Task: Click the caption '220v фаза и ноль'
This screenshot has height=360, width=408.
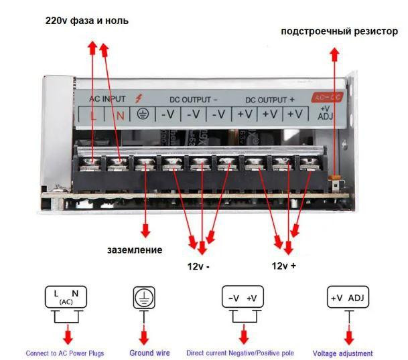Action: (87, 21)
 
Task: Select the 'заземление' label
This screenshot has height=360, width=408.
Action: (135, 250)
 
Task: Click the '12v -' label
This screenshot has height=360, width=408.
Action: (198, 266)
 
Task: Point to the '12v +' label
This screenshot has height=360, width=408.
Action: (284, 266)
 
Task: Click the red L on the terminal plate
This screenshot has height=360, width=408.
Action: (94, 114)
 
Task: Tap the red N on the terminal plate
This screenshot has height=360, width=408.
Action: (121, 114)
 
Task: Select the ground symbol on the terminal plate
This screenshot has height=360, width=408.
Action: (142, 114)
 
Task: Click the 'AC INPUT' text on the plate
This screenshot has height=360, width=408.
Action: (107, 98)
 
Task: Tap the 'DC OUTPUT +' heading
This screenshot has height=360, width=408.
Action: (269, 99)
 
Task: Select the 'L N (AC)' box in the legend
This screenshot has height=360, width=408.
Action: (66, 296)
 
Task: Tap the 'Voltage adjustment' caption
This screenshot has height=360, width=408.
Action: (342, 353)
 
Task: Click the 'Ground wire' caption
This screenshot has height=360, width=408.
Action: (149, 353)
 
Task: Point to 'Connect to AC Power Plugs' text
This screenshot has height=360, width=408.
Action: (65, 353)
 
